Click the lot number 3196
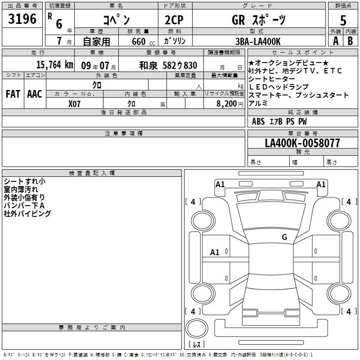(22, 19)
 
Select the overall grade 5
(343, 20)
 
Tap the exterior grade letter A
(336, 41)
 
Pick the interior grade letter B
(350, 41)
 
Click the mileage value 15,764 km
(54, 65)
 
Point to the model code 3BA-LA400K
(258, 41)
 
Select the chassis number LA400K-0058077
(302, 143)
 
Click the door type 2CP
(174, 20)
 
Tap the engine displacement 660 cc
(143, 41)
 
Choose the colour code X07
(74, 104)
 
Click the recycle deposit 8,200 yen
(229, 104)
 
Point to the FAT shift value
(13, 94)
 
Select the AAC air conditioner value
(35, 94)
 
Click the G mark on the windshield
(284, 237)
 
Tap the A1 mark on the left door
(215, 252)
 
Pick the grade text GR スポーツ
(259, 20)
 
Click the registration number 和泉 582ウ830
(168, 65)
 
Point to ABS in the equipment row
(258, 121)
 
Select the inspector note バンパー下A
(24, 205)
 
